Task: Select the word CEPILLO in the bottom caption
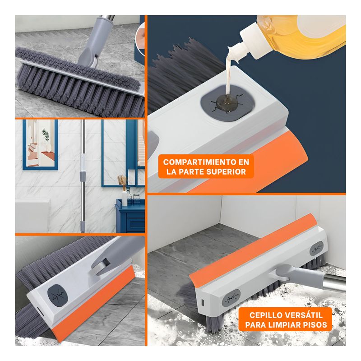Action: [265, 315]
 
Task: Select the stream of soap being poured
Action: [230, 74]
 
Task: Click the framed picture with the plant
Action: [40, 144]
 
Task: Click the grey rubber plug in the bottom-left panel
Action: [57, 295]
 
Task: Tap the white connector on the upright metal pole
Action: [83, 162]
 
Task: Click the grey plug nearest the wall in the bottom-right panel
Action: [317, 249]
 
